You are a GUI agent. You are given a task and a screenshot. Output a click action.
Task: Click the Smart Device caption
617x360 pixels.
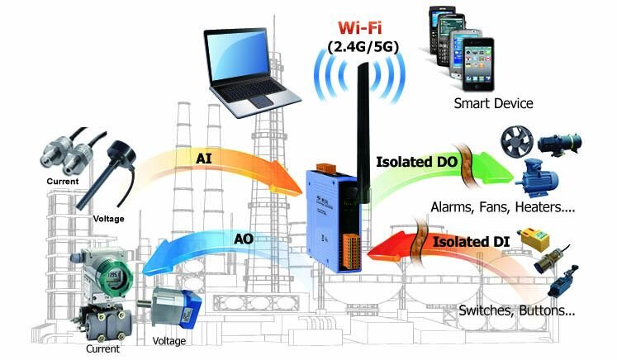point(493,104)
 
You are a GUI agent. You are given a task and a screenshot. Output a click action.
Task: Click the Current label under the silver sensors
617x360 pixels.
point(63,182)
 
